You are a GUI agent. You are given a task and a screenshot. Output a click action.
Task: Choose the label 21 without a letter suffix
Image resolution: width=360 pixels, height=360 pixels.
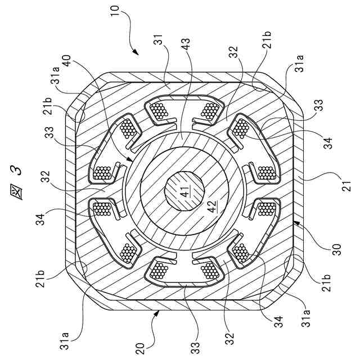click(x=346, y=183)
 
